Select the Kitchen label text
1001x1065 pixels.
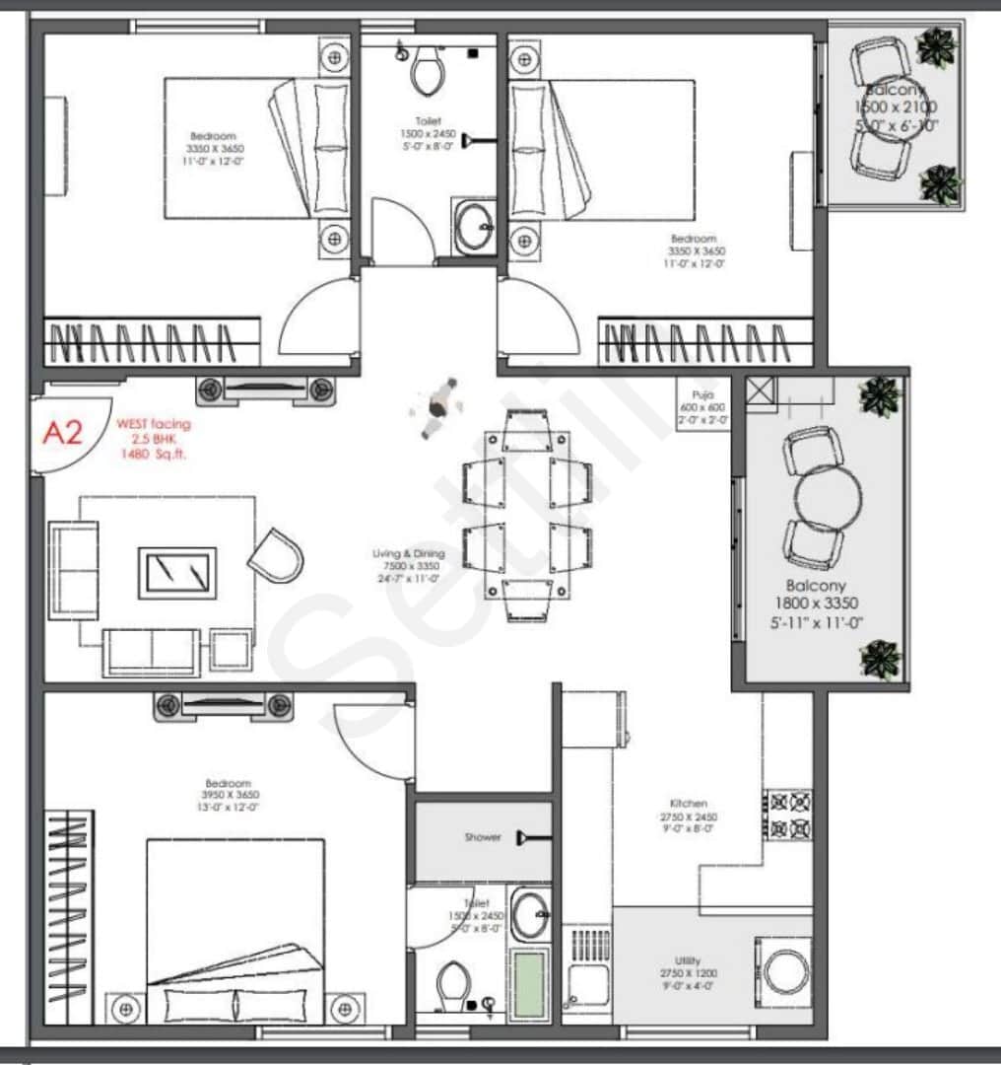point(689,804)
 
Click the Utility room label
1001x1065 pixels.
point(689,960)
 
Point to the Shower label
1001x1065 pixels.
point(483,837)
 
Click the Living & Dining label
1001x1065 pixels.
point(408,554)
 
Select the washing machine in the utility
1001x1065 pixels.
point(786,970)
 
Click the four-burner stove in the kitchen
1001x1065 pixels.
point(789,815)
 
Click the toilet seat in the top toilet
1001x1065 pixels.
point(427,69)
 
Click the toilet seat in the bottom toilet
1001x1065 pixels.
point(453,983)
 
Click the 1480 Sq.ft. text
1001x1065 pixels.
point(154,455)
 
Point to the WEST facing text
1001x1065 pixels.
point(154,424)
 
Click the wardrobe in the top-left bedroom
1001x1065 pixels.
point(154,342)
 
